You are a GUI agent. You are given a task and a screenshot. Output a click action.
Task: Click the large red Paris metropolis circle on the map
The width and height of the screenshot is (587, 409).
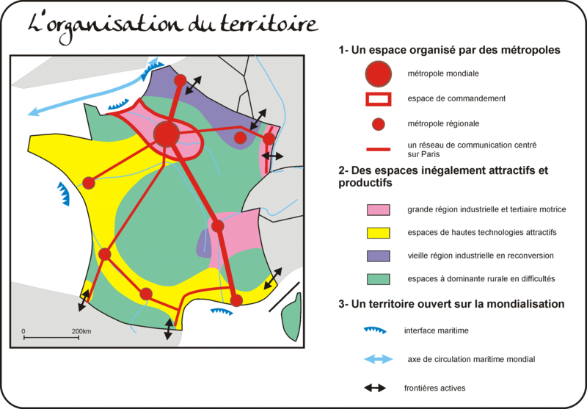167,134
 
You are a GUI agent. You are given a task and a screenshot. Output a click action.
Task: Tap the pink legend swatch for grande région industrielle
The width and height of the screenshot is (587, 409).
378,210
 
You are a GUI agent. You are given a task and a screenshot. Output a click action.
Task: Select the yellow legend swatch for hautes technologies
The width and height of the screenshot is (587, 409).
378,233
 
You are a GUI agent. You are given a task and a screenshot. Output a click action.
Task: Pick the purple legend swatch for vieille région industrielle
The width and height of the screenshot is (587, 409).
378,256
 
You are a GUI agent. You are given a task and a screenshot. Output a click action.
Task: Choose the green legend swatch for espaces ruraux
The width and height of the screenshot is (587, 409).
378,280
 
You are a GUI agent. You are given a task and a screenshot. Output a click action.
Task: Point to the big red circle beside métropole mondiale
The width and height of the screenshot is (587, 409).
379,73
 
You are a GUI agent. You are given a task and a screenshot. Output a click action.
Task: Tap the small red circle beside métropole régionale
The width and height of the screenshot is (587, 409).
379,124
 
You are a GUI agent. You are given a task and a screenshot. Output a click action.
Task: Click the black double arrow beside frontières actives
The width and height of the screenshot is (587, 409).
375,388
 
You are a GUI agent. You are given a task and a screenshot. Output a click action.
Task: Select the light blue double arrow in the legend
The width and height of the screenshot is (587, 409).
379,359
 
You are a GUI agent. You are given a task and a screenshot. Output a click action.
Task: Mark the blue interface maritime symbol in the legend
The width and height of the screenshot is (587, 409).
375,330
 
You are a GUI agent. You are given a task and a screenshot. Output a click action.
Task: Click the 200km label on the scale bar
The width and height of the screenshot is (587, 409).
81,331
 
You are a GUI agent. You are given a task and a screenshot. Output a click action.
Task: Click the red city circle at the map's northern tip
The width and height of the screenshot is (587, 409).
180,80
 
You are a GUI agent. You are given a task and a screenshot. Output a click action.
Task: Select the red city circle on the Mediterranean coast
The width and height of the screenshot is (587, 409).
236,300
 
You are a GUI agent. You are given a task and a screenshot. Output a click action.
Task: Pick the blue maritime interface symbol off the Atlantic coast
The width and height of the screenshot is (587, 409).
63,194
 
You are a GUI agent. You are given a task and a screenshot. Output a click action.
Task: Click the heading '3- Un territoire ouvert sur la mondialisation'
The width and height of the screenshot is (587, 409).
451,304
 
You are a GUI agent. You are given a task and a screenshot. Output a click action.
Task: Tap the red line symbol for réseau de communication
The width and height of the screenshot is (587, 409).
378,150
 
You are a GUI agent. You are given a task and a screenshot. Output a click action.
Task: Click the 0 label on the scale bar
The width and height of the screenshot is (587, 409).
23,331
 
